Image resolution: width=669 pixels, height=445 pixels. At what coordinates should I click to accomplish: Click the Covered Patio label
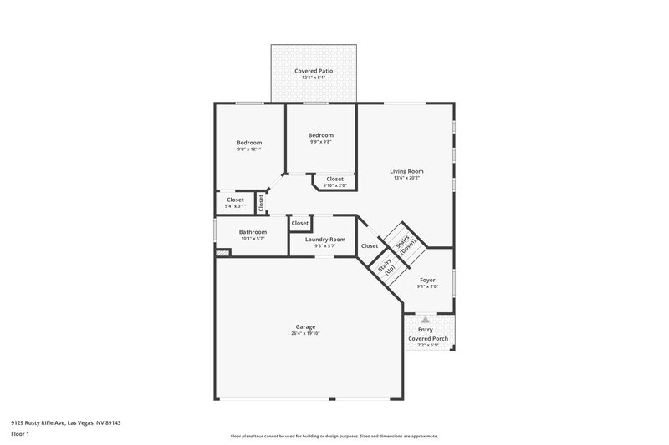coord(314,71)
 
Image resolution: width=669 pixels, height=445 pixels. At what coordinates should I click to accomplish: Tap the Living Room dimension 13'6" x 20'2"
coord(407,178)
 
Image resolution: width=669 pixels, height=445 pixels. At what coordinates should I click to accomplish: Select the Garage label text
coord(305,326)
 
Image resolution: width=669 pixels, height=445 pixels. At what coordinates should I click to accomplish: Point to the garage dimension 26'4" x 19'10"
coord(305,333)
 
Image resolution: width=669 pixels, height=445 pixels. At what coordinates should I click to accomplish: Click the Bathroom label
coord(253,231)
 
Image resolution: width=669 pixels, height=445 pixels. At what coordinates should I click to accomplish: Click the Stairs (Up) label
coord(387,268)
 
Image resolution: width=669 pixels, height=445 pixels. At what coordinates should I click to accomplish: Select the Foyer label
coord(427,281)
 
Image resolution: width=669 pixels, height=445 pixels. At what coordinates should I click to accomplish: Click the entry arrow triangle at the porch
coord(426,320)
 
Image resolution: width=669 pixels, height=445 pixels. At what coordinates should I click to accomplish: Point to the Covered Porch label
coord(427,338)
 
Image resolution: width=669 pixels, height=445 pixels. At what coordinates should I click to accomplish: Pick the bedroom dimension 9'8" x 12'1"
coord(249,149)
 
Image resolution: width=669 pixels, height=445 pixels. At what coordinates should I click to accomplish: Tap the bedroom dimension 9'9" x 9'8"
coord(320,142)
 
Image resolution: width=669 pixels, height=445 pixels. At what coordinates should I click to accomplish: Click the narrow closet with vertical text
coord(261,201)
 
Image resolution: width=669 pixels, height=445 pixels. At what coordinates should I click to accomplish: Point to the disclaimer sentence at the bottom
coord(334,436)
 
